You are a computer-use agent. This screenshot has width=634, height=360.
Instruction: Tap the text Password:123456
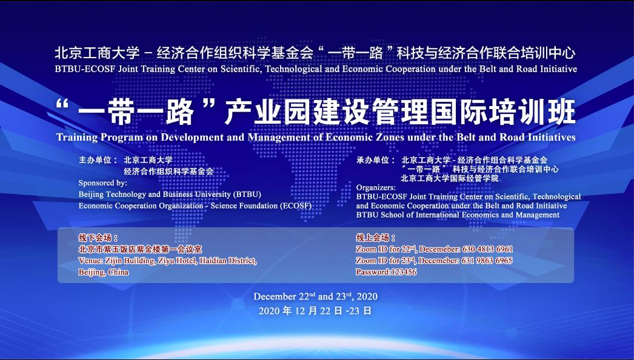tap(386, 272)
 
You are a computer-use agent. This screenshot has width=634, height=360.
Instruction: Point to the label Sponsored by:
tap(102, 183)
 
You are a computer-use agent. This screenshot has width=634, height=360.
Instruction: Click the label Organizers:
tap(376, 188)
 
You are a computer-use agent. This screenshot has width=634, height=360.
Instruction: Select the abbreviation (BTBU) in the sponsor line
tap(247, 195)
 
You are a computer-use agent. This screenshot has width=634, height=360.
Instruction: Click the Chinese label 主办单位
tap(95, 160)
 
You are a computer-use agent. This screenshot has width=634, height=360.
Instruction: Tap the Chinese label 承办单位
tap(373, 160)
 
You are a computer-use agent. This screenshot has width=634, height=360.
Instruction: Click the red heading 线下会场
tap(95, 238)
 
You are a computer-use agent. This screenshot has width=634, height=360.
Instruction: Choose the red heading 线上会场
tap(373, 238)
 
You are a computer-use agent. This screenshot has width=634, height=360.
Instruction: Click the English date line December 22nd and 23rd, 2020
tap(315, 296)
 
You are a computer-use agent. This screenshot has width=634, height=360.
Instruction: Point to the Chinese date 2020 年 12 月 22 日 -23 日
tap(315, 311)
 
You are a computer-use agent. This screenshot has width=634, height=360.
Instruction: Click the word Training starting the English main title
tap(77, 138)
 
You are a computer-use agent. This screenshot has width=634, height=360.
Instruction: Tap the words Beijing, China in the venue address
tap(104, 272)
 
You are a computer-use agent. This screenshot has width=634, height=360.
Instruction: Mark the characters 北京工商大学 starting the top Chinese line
tap(97, 53)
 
